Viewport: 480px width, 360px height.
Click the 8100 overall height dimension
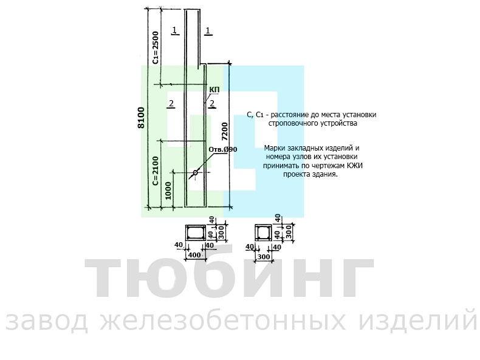(x=141, y=117)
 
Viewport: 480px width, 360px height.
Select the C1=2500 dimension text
(x=156, y=47)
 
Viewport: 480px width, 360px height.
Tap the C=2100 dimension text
(x=156, y=171)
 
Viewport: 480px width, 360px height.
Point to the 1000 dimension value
(x=168, y=191)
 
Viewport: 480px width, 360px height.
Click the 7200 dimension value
(x=224, y=131)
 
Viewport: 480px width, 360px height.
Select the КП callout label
(x=214, y=90)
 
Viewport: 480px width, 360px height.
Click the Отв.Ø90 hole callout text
(x=223, y=149)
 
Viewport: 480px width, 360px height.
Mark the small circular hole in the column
(x=195, y=173)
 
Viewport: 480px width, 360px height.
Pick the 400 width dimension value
(x=194, y=255)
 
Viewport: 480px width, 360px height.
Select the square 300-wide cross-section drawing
(x=263, y=233)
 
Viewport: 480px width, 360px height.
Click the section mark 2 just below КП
(x=212, y=104)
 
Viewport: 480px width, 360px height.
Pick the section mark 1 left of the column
(x=174, y=30)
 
